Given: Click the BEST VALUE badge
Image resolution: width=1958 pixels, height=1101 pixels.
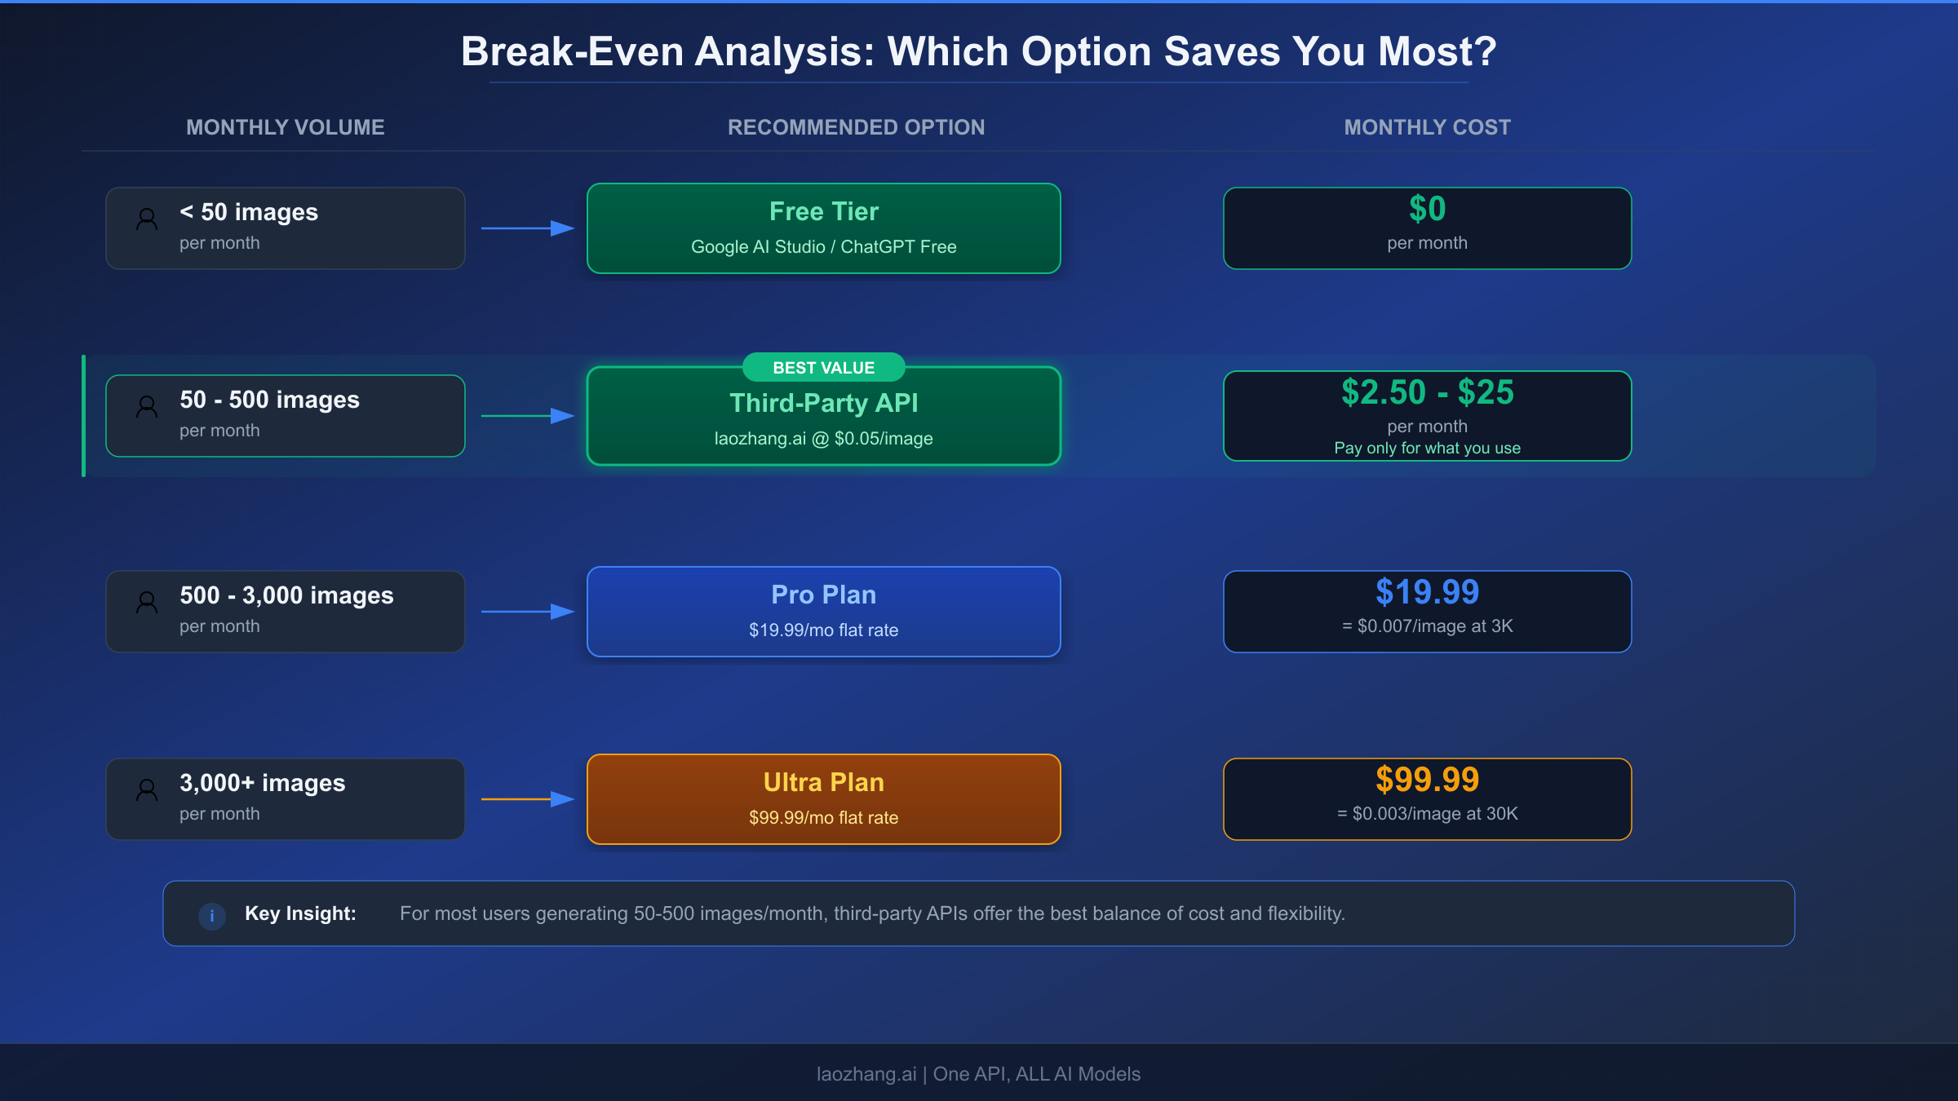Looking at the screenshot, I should (823, 368).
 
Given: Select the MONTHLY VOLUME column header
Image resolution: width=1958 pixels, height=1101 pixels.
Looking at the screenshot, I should (285, 127).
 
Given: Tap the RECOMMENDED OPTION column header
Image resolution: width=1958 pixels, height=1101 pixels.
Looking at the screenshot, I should (856, 127).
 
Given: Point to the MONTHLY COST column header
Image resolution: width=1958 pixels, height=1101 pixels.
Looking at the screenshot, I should (1427, 127).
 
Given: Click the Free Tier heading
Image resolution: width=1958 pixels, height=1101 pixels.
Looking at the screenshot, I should (823, 212).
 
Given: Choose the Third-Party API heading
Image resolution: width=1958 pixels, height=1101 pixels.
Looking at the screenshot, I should (823, 403).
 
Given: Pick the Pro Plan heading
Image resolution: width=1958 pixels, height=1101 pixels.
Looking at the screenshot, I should (823, 595).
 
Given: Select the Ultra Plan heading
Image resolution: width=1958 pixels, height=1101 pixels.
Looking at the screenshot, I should (823, 782).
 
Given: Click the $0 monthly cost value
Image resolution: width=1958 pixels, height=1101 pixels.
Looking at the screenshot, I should (1427, 210).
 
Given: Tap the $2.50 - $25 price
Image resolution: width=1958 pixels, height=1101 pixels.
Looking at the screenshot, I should (1427, 392).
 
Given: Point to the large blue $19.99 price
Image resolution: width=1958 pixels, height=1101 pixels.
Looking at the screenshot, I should (1427, 592).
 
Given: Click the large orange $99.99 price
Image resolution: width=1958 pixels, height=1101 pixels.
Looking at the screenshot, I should (1427, 780).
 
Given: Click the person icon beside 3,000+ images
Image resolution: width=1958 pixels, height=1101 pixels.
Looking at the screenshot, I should (147, 789).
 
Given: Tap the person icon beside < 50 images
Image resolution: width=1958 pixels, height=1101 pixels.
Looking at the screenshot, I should (147, 219).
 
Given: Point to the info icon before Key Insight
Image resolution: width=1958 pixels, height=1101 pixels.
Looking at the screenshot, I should (212, 915).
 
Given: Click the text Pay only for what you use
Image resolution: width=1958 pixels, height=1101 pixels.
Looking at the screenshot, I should (1427, 448).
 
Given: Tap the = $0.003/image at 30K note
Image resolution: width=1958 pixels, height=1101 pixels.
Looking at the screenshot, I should (1427, 813).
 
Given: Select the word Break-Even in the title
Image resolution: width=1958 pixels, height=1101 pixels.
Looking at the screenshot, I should (572, 52).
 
